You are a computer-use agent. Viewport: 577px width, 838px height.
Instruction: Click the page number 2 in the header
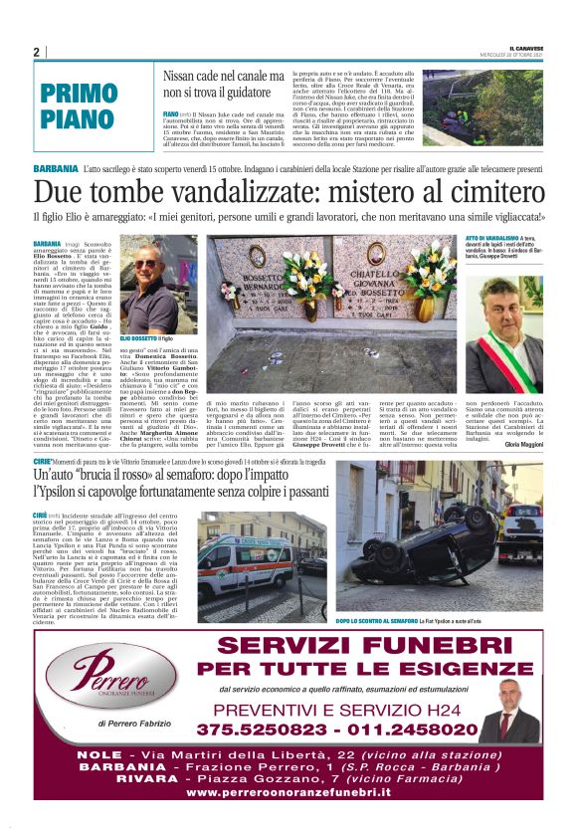point(36,52)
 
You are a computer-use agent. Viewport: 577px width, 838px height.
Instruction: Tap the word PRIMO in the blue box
point(80,94)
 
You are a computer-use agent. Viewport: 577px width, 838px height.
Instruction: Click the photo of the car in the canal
point(481,108)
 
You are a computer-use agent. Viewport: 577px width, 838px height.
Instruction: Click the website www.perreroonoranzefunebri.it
point(289,790)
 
